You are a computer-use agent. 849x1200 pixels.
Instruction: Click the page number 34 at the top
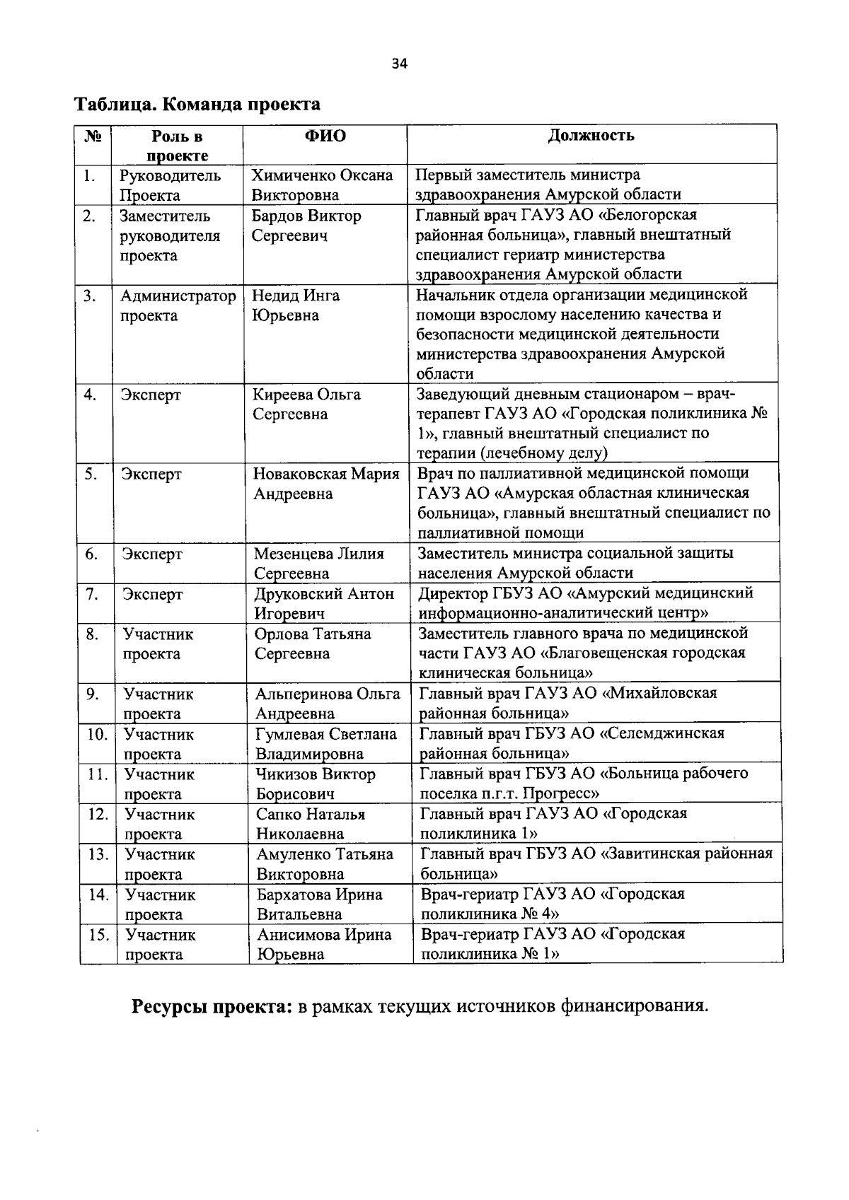(399, 64)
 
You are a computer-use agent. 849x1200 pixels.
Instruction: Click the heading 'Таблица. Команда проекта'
(197, 105)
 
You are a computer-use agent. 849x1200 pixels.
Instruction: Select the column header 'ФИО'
(325, 136)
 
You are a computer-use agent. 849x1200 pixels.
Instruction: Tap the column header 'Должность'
(591, 136)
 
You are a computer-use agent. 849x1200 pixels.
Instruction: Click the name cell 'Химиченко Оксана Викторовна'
(322, 185)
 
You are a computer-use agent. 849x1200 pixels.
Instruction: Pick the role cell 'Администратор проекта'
(178, 305)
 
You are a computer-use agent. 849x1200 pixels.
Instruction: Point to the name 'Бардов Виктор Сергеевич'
(306, 226)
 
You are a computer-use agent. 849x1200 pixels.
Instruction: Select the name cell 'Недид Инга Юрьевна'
(296, 305)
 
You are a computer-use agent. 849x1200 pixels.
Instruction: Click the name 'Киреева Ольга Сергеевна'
(306, 404)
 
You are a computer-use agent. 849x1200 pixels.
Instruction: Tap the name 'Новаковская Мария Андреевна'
(325, 484)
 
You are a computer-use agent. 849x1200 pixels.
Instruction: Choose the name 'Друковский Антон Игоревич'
(324, 603)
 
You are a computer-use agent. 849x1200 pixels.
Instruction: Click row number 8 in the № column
(92, 634)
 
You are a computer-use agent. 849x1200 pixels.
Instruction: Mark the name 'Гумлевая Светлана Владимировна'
(325, 744)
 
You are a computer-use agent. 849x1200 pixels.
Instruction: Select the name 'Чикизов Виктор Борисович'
(316, 784)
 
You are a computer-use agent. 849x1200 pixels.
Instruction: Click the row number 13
(98, 855)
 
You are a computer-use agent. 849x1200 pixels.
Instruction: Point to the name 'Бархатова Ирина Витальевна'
(319, 904)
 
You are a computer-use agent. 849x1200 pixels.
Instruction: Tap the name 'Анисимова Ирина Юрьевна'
(323, 944)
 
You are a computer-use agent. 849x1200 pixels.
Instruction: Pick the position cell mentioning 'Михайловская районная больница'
(568, 703)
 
